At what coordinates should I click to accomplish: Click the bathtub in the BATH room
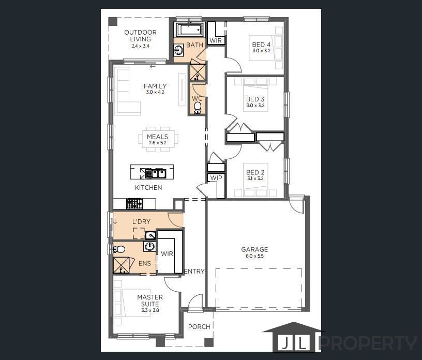[x=190, y=29]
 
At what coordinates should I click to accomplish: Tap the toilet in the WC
[x=198, y=107]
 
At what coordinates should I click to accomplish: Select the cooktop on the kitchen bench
[x=134, y=204]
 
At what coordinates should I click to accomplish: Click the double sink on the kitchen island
[x=155, y=174]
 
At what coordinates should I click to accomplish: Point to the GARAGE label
[x=254, y=249]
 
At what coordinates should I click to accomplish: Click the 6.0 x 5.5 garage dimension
[x=254, y=256]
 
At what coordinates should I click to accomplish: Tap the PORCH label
[x=199, y=326]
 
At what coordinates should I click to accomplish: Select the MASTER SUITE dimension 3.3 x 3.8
[x=150, y=310]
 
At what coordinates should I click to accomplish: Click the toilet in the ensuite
[x=119, y=249]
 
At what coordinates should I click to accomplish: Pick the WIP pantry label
[x=216, y=178]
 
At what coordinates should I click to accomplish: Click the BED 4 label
[x=261, y=44]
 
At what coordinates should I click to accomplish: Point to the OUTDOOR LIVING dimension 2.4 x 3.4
[x=140, y=46]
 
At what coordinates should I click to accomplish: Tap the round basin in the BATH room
[x=179, y=50]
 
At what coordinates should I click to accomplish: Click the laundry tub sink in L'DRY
[x=150, y=235]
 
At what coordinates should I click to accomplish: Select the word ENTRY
[x=194, y=272]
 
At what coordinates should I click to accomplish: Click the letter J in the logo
[x=285, y=343]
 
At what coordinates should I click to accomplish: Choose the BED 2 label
[x=255, y=172]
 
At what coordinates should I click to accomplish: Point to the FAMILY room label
[x=155, y=86]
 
